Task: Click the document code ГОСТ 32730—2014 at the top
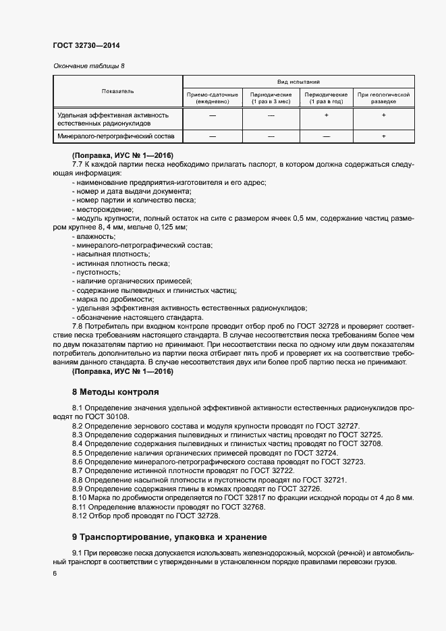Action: pyautogui.click(x=86, y=45)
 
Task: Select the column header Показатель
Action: pyautogui.click(x=117, y=90)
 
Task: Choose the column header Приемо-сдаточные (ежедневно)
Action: pyautogui.click(x=213, y=98)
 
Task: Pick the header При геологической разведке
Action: pyautogui.click(x=383, y=98)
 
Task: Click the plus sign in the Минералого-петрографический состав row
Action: pyautogui.click(x=383, y=136)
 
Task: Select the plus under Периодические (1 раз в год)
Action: pyautogui.click(x=326, y=116)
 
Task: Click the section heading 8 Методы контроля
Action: pyautogui.click(x=115, y=391)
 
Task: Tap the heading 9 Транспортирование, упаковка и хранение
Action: pyautogui.click(x=169, y=537)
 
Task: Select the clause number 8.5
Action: pyautogui.click(x=78, y=453)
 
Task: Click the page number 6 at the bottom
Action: pyautogui.click(x=55, y=573)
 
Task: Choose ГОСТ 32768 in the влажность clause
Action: pyautogui.click(x=244, y=506)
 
